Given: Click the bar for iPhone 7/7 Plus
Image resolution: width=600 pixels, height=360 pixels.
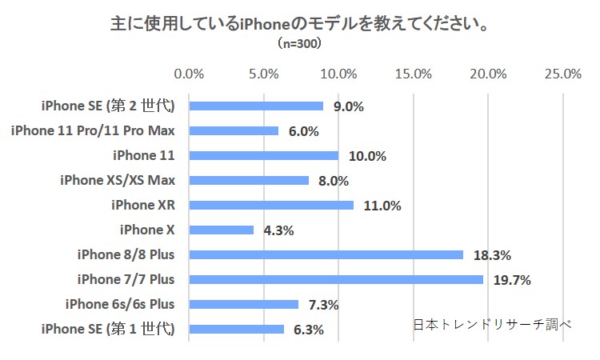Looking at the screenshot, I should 336,279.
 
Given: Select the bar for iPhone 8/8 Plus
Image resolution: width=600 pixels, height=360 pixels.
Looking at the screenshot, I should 326,254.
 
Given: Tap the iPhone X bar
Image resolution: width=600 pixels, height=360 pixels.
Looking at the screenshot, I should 221,230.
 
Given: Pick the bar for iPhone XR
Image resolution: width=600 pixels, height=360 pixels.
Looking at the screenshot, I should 271,205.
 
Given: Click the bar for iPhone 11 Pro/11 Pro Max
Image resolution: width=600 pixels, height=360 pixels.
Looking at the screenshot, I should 234,130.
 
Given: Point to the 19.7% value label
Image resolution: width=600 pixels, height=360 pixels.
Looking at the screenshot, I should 513,280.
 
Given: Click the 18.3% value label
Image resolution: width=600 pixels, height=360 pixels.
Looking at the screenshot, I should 492,255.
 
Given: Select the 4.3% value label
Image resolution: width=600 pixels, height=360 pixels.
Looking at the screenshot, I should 278,230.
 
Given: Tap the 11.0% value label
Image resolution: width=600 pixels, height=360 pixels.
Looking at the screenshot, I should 382,206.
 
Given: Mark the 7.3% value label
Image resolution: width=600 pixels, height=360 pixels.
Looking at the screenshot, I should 323,305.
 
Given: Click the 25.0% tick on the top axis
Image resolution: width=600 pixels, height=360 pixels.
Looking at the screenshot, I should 562,74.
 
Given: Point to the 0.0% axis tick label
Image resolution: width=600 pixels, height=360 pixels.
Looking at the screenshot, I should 189,74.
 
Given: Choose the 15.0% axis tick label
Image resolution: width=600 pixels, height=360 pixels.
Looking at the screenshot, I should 414,74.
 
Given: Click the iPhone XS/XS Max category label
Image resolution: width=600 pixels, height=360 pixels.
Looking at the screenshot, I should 118,180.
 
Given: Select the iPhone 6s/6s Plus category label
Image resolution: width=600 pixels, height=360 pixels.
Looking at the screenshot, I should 120,304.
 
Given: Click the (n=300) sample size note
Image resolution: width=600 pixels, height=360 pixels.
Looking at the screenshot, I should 300,44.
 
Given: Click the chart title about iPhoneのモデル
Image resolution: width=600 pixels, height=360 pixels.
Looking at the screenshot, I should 300,23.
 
